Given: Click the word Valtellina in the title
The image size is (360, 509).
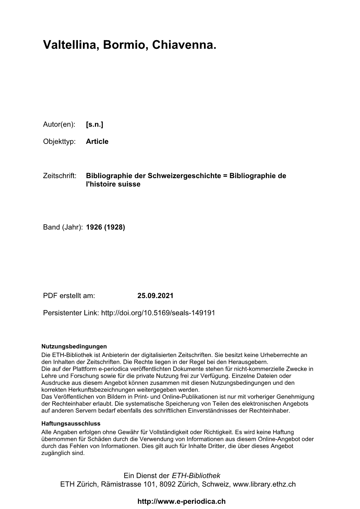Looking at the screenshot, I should (x=71, y=45).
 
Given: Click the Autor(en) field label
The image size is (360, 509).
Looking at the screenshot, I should (x=59, y=124).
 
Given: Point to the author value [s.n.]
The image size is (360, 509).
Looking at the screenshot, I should (x=95, y=124).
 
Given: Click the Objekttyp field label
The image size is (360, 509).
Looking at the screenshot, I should (x=60, y=141).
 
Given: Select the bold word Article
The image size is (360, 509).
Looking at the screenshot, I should (x=97, y=141).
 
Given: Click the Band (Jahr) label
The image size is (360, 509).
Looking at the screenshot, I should (x=63, y=227).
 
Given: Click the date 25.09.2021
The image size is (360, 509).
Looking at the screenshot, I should (x=155, y=296).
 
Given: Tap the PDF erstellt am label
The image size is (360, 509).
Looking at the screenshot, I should (x=69, y=296).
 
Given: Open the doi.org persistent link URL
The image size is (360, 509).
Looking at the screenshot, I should (x=158, y=313).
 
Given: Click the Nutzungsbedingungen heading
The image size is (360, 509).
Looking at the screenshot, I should (x=74, y=346).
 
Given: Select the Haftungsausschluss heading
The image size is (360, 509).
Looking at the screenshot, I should (x=71, y=424).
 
